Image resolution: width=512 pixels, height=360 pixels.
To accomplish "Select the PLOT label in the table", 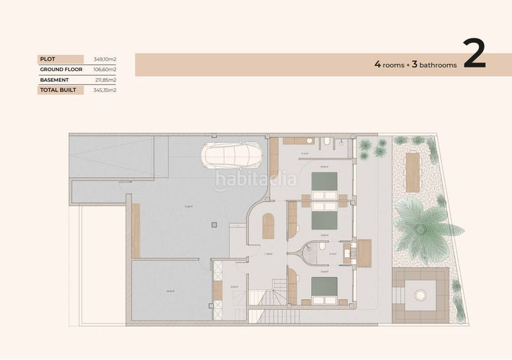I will pos(48,59).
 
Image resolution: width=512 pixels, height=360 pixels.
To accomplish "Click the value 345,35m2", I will pos(104,90).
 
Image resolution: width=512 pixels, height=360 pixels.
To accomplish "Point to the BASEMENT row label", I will pos(54,80).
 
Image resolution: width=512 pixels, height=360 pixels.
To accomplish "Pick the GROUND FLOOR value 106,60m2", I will pos(104,69).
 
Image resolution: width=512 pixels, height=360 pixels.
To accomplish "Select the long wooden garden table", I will pos(413,172).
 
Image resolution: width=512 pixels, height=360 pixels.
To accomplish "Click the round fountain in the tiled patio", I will pos(421,295).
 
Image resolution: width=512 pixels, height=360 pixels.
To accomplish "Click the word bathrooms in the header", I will pos(435,65).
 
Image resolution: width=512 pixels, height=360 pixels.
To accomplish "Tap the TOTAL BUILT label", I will pos(58,90).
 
